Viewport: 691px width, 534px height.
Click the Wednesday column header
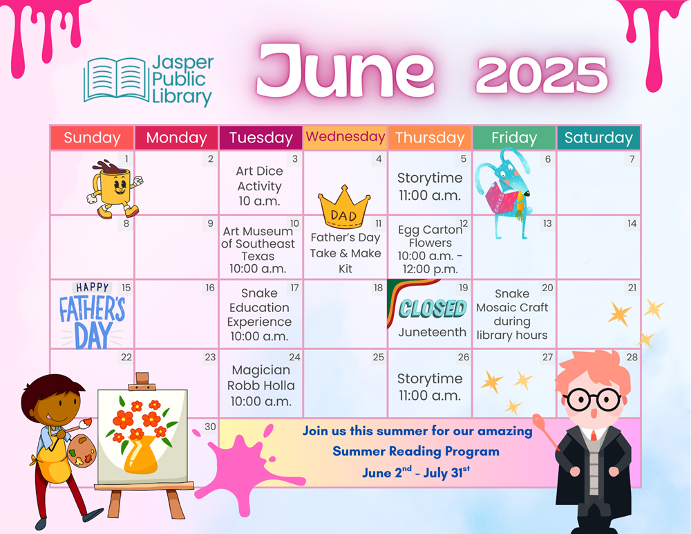(345, 137)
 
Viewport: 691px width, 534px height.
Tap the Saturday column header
(598, 138)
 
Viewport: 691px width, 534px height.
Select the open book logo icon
(116, 80)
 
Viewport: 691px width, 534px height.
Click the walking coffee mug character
(115, 188)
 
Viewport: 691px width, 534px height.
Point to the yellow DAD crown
(344, 207)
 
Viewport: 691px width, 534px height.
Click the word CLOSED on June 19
(433, 308)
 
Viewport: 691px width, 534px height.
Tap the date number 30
(210, 426)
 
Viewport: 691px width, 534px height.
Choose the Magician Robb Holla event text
(261, 385)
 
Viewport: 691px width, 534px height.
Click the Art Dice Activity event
(260, 186)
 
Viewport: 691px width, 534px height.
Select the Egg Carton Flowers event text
(430, 249)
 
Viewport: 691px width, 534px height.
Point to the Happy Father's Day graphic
(93, 315)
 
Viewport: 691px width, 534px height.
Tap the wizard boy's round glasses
(593, 400)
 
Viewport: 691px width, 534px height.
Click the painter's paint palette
(82, 450)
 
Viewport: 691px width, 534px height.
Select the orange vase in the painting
(140, 455)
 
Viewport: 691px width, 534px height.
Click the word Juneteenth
(433, 332)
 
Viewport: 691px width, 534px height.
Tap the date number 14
(632, 223)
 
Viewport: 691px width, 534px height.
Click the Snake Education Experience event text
(260, 315)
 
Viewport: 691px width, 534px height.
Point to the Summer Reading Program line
(416, 451)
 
